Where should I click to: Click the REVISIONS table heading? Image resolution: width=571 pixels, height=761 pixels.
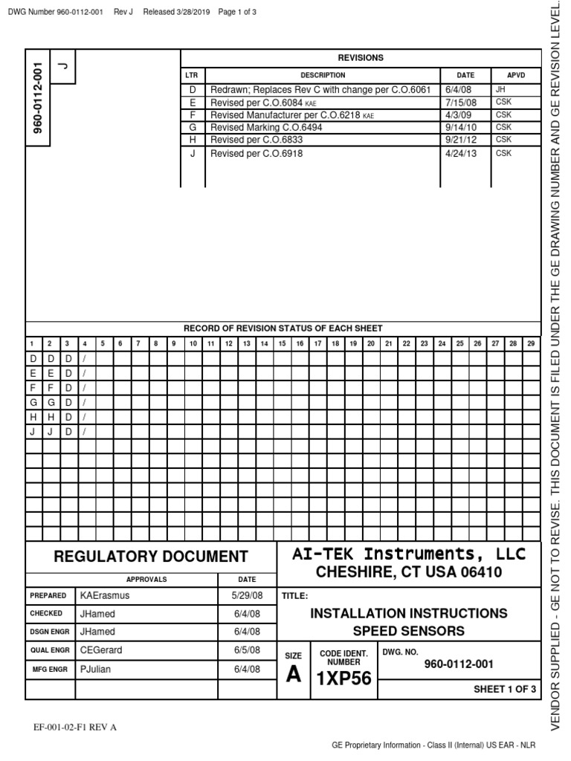[361, 57]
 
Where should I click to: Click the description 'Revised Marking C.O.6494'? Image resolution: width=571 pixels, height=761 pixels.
[266, 127]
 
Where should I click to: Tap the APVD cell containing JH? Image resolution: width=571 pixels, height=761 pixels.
[500, 88]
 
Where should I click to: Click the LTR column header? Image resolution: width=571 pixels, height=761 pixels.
[192, 75]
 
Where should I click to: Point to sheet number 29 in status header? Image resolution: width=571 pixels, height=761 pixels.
[530, 343]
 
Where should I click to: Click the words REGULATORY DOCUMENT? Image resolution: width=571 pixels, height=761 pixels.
[152, 556]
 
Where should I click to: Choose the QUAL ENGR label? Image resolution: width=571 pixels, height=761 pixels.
[50, 650]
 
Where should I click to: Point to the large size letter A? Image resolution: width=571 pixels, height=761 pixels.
[294, 674]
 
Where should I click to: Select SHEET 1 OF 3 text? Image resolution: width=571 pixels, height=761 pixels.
[505, 689]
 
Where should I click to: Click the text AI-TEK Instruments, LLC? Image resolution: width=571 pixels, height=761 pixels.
[408, 554]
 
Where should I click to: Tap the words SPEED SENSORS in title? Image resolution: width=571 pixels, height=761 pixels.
[408, 631]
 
